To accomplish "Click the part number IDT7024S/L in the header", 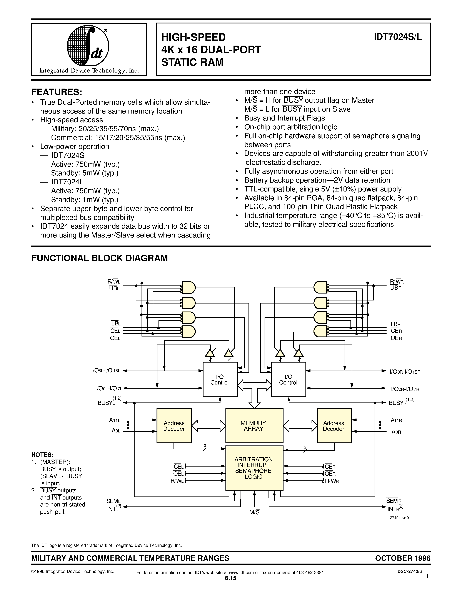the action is coord(398,37).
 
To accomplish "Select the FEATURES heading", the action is coord(57,92).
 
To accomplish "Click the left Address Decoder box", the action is coord(174,426).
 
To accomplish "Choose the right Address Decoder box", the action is coord(334,426).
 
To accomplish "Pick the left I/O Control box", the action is coord(220,379).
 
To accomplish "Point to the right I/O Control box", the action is coord(289,379).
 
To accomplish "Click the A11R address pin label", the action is coord(396,420).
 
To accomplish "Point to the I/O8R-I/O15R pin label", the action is coord(405,371).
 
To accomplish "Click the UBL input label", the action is coord(114,288).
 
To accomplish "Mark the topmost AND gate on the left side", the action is coord(188,287).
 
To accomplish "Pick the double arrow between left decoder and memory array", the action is coord(208,426).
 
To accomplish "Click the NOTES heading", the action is coord(42,455).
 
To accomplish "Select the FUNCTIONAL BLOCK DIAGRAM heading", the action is coord(100,258).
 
